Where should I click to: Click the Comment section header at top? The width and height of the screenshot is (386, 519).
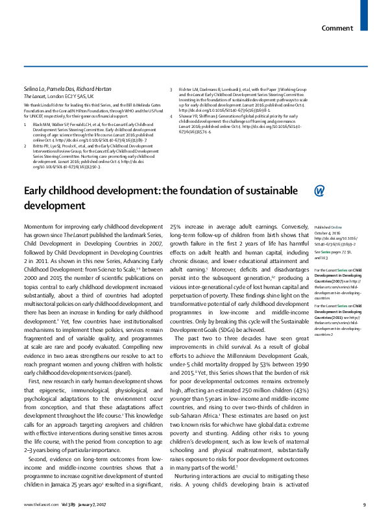point(337,10)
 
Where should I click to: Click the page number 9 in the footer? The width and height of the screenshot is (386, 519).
point(365,505)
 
